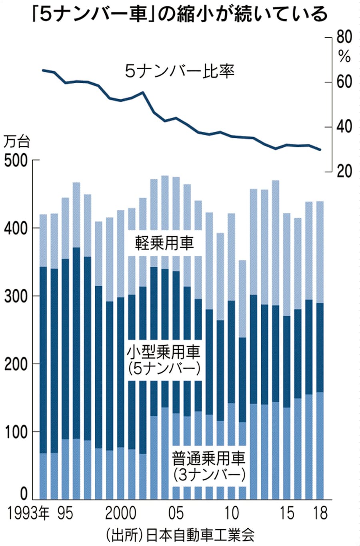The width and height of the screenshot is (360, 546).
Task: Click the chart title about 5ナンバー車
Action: click(180, 15)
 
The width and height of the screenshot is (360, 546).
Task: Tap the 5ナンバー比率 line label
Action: click(180, 72)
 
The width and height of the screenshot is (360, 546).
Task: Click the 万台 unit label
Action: click(17, 142)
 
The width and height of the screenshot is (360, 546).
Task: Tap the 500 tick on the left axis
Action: click(15, 161)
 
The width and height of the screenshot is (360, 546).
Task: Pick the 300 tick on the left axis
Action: click(15, 296)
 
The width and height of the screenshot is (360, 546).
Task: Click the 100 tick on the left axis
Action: click(15, 432)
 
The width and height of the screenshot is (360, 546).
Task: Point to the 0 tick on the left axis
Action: click(23, 495)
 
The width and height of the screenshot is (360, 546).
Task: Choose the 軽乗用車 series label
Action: click(164, 243)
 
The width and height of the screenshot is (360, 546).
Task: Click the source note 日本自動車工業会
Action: click(200, 534)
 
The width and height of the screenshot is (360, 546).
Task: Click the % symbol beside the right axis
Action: click(344, 57)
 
